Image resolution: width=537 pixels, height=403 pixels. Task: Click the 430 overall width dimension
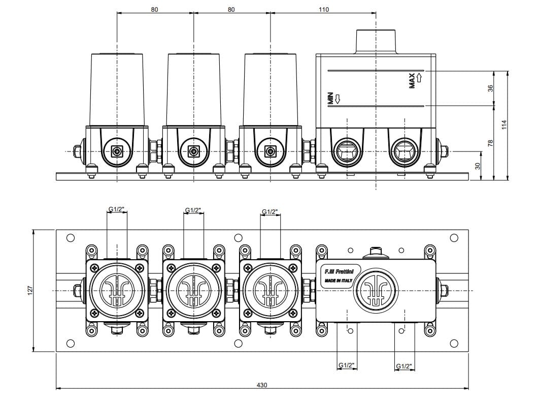click(x=262, y=385)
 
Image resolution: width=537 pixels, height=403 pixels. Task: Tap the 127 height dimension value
click(x=30, y=290)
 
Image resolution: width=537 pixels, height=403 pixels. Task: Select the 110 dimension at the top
click(x=323, y=9)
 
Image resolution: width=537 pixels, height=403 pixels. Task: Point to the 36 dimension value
click(x=490, y=88)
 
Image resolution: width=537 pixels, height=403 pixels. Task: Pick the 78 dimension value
click(x=490, y=143)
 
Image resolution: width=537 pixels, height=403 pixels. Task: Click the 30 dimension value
click(x=477, y=166)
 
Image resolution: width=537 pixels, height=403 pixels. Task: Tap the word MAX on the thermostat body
click(x=412, y=80)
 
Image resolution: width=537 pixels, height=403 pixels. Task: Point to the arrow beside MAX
click(x=419, y=77)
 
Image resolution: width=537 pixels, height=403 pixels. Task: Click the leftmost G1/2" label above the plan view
click(x=117, y=209)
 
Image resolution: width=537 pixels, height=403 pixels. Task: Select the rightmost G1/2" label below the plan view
click(x=404, y=365)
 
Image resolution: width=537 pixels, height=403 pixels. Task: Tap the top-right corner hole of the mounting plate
click(x=454, y=237)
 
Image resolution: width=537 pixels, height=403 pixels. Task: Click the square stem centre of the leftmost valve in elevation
click(x=117, y=151)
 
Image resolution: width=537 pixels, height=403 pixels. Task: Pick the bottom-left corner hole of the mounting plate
click(x=71, y=343)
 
